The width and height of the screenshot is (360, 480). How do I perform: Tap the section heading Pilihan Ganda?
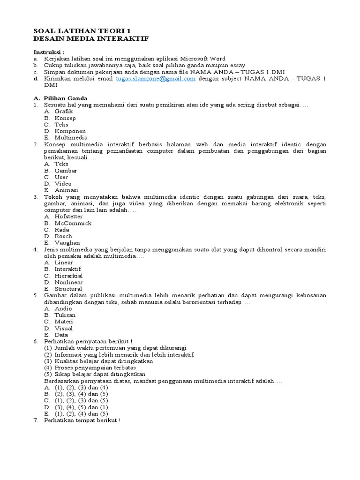pyautogui.click(x=65, y=98)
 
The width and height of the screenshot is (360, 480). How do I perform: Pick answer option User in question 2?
pyautogui.click(x=61, y=177)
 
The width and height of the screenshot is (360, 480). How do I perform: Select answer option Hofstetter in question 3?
pyautogui.click(x=68, y=217)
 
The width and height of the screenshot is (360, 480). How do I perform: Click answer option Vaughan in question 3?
pyautogui.click(x=67, y=243)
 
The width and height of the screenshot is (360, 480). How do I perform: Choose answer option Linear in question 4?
pyautogui.click(x=64, y=262)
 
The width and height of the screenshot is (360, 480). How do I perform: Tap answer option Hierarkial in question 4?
pyautogui.click(x=69, y=276)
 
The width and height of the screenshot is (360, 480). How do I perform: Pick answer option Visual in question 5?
pyautogui.click(x=64, y=328)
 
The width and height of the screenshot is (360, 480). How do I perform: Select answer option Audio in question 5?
pyautogui.click(x=63, y=308)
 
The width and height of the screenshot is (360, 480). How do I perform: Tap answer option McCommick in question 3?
pyautogui.click(x=73, y=223)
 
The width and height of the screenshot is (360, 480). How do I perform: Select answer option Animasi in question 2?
pyautogui.click(x=66, y=190)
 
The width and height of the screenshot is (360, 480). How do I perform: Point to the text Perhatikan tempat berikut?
pyautogui.click(x=82, y=420)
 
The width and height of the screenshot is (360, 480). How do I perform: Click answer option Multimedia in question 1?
pyautogui.click(x=71, y=138)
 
